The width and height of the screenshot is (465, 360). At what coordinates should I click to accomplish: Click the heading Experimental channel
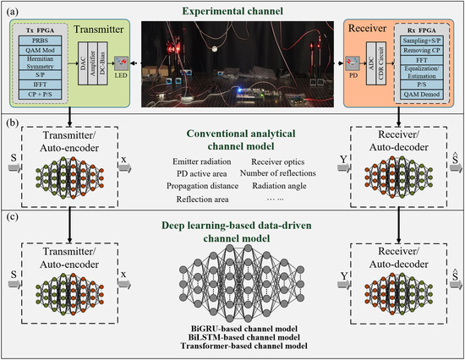232,11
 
